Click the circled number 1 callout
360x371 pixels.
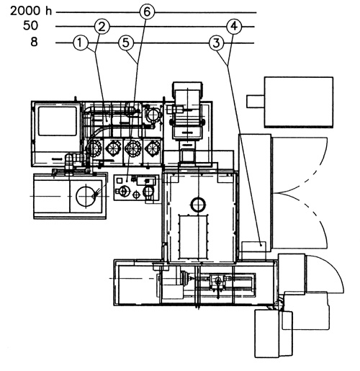point(81,43)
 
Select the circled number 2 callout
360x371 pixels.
point(102,27)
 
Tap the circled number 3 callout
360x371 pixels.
point(217,43)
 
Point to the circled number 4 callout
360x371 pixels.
point(234,27)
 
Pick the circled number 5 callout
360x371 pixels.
point(126,43)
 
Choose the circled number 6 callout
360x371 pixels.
point(147,12)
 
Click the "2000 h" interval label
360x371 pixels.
point(31,11)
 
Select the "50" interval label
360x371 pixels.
point(30,25)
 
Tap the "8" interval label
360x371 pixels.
point(34,42)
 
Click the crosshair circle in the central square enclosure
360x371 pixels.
point(198,205)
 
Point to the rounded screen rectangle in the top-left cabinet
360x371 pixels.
point(58,121)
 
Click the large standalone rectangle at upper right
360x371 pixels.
point(299,102)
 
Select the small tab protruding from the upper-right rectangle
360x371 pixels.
point(256,102)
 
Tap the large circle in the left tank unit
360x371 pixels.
point(86,196)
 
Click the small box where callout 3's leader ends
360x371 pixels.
point(254,251)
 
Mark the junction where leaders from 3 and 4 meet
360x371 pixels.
point(228,65)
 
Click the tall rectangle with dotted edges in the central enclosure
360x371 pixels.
point(193,237)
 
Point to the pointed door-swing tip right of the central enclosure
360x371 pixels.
point(275,192)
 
